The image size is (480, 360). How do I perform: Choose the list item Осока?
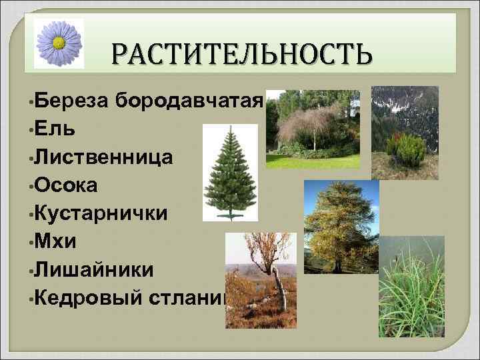coord(66,185)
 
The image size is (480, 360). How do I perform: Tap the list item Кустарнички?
coord(101,213)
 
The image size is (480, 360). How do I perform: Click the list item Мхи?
coord(53,241)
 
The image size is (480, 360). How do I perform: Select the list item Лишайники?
coord(94,269)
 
